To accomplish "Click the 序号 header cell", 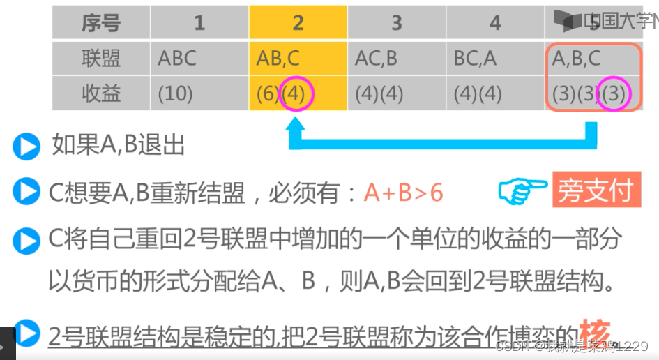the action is pos(101,23).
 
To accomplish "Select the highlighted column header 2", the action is pos(298,23).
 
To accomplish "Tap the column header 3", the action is pos(396,23).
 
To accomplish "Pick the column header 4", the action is pos(495,23).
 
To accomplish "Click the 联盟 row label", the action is pos(101,58).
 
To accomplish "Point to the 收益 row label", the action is pos(101,93).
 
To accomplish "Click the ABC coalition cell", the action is pos(177,58).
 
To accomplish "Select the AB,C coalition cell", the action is pos(278,58).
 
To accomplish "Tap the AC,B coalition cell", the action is pos(377,58).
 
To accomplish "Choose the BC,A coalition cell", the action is pos(476,58).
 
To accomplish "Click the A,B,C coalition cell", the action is pos(576,58).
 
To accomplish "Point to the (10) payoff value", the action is pos(175,93).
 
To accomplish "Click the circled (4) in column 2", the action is pos(296,93).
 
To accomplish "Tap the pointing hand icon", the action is pos(522,190).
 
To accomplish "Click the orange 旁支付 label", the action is pos(597,190).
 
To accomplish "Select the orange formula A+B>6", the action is pos(403,193).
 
